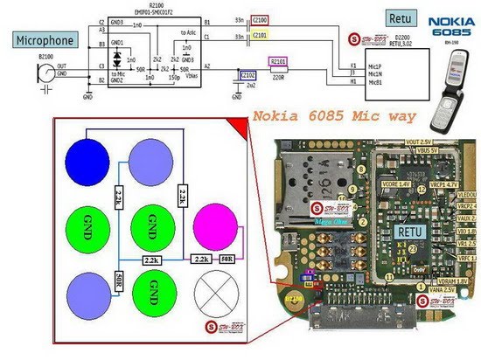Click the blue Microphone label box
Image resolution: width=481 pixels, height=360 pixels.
click(x=44, y=39)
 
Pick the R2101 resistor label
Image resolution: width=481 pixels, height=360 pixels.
click(x=279, y=61)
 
